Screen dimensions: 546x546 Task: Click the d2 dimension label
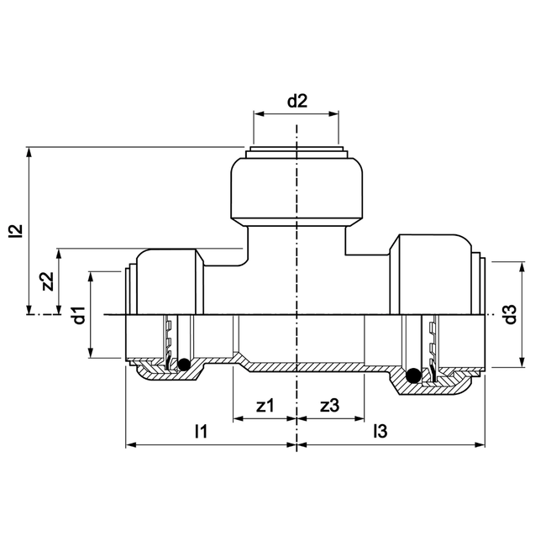pyautogui.click(x=297, y=102)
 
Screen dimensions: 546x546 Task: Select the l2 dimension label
pyautogui.click(x=14, y=231)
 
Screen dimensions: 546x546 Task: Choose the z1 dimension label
pyautogui.click(x=265, y=405)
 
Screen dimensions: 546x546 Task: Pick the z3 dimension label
pyautogui.click(x=330, y=405)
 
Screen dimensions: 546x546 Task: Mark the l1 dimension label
pyautogui.click(x=200, y=432)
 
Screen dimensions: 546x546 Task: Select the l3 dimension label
pyautogui.click(x=381, y=432)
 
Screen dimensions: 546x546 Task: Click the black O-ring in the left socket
pyautogui.click(x=181, y=364)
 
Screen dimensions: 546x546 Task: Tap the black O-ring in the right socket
pyautogui.click(x=412, y=375)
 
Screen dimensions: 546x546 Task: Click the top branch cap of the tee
pyautogui.click(x=297, y=189)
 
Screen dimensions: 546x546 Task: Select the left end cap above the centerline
pyautogui.click(x=168, y=281)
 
